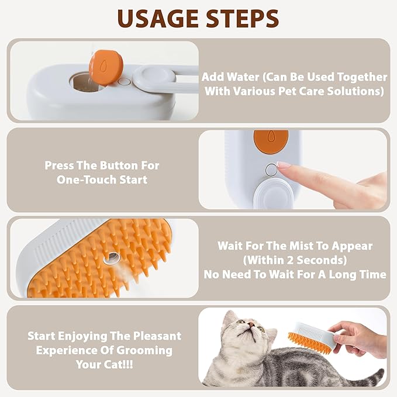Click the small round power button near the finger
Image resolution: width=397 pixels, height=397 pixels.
(x=270, y=170)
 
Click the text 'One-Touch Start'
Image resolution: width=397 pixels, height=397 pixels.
(x=102, y=180)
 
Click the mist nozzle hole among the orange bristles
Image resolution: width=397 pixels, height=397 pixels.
(x=109, y=257)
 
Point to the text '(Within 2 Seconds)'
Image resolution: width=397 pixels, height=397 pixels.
(x=295, y=260)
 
